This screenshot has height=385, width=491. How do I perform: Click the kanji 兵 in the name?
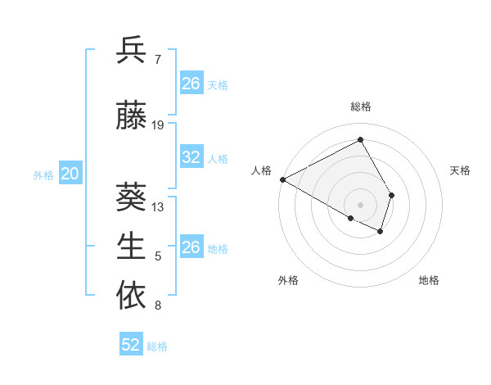(132, 51)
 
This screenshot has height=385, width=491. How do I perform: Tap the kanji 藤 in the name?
(132, 117)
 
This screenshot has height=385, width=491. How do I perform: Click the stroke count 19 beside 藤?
(158, 125)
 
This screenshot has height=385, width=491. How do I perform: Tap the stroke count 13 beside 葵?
(158, 206)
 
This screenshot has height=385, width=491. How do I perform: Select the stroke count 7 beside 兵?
(158, 59)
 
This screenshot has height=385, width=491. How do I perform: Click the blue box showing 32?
(191, 157)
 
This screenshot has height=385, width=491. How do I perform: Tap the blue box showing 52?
(131, 345)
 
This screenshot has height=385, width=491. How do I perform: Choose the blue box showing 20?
(70, 174)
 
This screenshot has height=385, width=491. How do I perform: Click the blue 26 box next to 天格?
(191, 83)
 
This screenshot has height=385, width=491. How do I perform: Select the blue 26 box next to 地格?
(191, 247)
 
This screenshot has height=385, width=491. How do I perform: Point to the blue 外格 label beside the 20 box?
(43, 174)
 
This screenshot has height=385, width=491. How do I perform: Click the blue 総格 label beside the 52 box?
(157, 346)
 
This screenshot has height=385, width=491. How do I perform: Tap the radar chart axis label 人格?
(261, 170)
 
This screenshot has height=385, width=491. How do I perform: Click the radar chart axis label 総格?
(360, 106)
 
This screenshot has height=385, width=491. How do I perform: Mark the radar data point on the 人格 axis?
(282, 179)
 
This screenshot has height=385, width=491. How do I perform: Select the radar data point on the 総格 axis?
(360, 140)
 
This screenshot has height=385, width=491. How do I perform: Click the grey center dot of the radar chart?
(360, 203)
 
